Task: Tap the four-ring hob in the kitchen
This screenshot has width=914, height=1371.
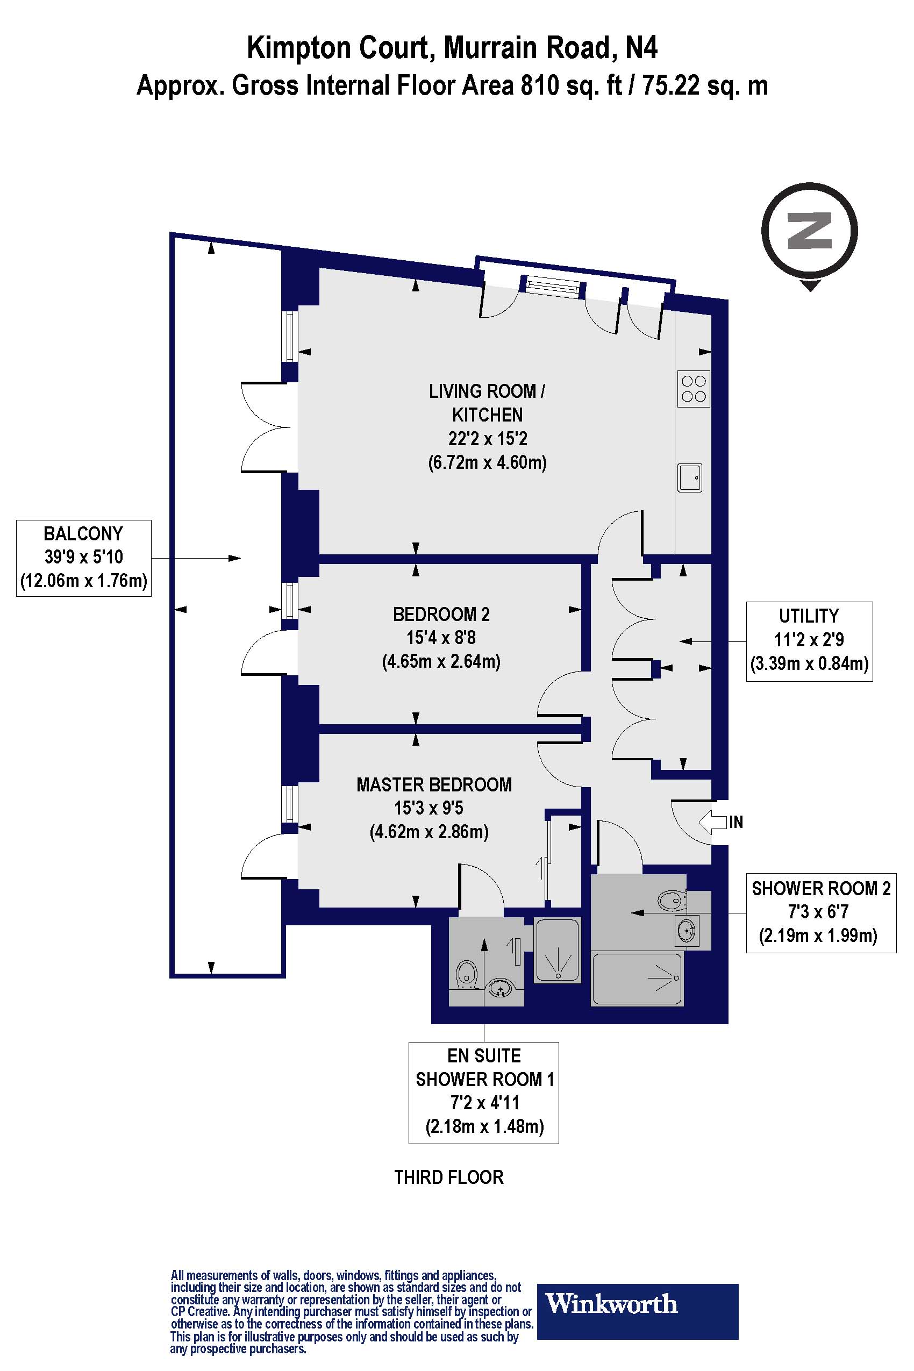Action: coord(694,388)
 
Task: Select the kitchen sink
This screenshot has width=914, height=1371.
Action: coord(690,478)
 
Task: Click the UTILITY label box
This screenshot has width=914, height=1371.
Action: coord(809,641)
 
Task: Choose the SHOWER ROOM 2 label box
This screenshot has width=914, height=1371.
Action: coord(821,912)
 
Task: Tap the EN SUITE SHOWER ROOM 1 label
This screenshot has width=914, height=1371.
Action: coord(484,1092)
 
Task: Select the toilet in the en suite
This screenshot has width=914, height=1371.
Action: coord(465,974)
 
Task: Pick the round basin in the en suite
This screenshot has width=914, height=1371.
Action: coord(500,989)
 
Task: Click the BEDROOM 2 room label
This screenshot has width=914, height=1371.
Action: coord(441,614)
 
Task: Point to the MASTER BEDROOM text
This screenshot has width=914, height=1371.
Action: coord(434,784)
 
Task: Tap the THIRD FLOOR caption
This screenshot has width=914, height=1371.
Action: coord(449,1177)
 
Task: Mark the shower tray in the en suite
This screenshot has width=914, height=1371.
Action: coord(557,950)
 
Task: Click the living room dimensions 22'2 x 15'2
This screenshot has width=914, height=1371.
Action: coord(487,438)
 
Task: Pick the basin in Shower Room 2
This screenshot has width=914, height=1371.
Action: coord(687,930)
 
